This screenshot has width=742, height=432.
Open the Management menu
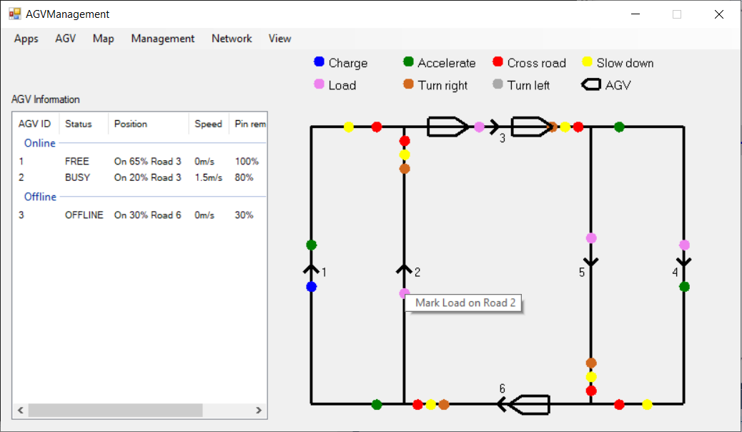click(x=163, y=39)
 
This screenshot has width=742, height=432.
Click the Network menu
click(x=232, y=39)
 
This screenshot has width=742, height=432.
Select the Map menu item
click(x=103, y=39)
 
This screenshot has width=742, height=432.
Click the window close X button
click(x=719, y=14)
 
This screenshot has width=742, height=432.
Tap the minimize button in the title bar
click(x=635, y=14)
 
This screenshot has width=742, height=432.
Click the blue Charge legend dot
click(x=319, y=62)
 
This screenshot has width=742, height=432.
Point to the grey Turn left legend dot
click(x=498, y=84)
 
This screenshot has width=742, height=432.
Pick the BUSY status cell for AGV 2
click(x=78, y=177)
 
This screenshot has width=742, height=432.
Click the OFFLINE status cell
click(x=84, y=215)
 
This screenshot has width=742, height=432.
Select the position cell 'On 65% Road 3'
click(x=148, y=162)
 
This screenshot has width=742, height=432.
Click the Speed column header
click(x=208, y=124)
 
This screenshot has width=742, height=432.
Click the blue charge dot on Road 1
click(x=312, y=287)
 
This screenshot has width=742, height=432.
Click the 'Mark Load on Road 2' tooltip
click(x=464, y=303)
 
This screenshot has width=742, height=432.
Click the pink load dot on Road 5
click(x=591, y=237)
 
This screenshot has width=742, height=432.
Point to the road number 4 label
click(x=676, y=273)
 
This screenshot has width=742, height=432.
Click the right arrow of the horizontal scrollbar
click(x=258, y=411)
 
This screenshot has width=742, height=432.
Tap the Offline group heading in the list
click(x=40, y=197)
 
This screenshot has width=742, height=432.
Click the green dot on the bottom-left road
click(x=377, y=405)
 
